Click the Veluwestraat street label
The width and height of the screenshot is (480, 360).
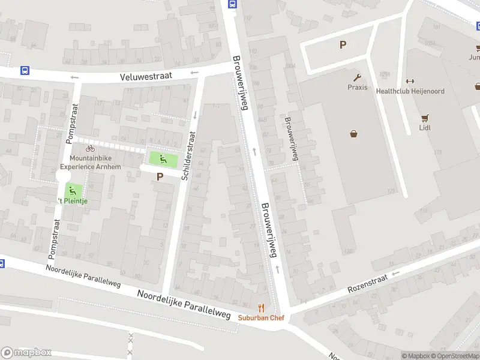pyautogui.click(x=146, y=76)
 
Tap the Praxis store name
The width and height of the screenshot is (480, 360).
pyautogui.click(x=357, y=87)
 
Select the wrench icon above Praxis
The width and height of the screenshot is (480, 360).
pyautogui.click(x=357, y=77)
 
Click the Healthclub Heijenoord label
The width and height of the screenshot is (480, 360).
pyautogui.click(x=410, y=91)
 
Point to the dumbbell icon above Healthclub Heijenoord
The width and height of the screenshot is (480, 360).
pyautogui.click(x=410, y=82)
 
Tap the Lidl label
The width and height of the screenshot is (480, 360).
pyautogui.click(x=425, y=127)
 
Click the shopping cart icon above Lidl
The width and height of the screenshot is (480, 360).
pyautogui.click(x=425, y=118)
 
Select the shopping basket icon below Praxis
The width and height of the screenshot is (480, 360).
pyautogui.click(x=354, y=134)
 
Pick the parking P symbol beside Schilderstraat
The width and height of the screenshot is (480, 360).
pyautogui.click(x=160, y=176)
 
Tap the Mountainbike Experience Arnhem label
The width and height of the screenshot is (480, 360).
pyautogui.click(x=91, y=162)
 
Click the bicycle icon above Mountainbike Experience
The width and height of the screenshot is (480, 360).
pyautogui.click(x=90, y=148)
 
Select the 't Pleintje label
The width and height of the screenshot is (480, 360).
pyautogui.click(x=73, y=201)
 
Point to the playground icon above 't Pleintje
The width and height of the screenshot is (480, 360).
pyautogui.click(x=73, y=191)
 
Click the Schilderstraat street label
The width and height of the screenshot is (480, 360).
pyautogui.click(x=188, y=156)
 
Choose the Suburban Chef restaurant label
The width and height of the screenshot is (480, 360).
pyautogui.click(x=260, y=318)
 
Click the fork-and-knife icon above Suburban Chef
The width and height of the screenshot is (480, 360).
pyautogui.click(x=260, y=308)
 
